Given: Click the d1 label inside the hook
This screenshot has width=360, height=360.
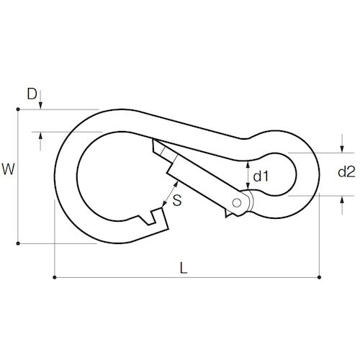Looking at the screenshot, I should (x=261, y=175).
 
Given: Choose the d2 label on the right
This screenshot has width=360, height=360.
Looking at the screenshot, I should (x=346, y=172).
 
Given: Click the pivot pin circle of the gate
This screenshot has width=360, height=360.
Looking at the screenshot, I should (x=238, y=202).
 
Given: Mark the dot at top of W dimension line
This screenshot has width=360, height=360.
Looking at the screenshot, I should (x=17, y=109).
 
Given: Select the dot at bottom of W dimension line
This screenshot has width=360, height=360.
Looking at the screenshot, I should (x=17, y=243).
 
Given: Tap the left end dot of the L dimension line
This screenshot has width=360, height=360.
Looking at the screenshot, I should (x=55, y=276).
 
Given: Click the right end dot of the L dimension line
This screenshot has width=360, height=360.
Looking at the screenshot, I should (x=320, y=276).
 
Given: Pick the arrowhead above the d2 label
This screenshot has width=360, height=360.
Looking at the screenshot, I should (x=340, y=148).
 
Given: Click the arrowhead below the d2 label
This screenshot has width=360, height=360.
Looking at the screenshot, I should (x=340, y=200).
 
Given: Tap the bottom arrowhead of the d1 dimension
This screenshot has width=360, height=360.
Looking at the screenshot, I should (x=248, y=190).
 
